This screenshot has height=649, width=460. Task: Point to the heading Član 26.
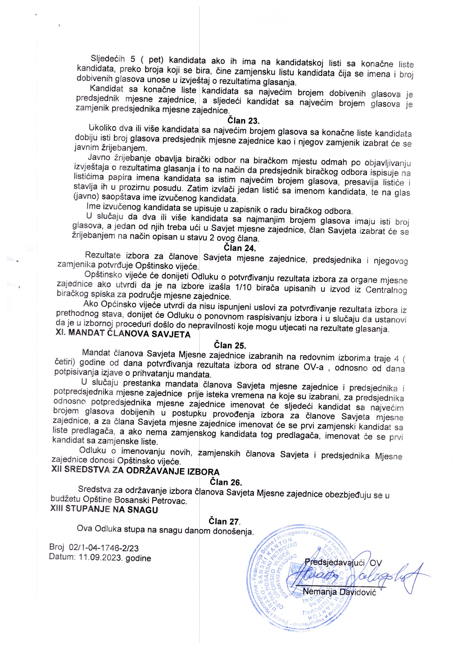(x=225, y=482)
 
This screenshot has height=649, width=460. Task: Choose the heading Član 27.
(x=225, y=521)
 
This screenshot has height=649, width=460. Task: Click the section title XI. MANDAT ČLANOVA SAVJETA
(x=123, y=334)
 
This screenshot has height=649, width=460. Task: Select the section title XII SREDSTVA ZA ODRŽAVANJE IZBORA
(x=135, y=472)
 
